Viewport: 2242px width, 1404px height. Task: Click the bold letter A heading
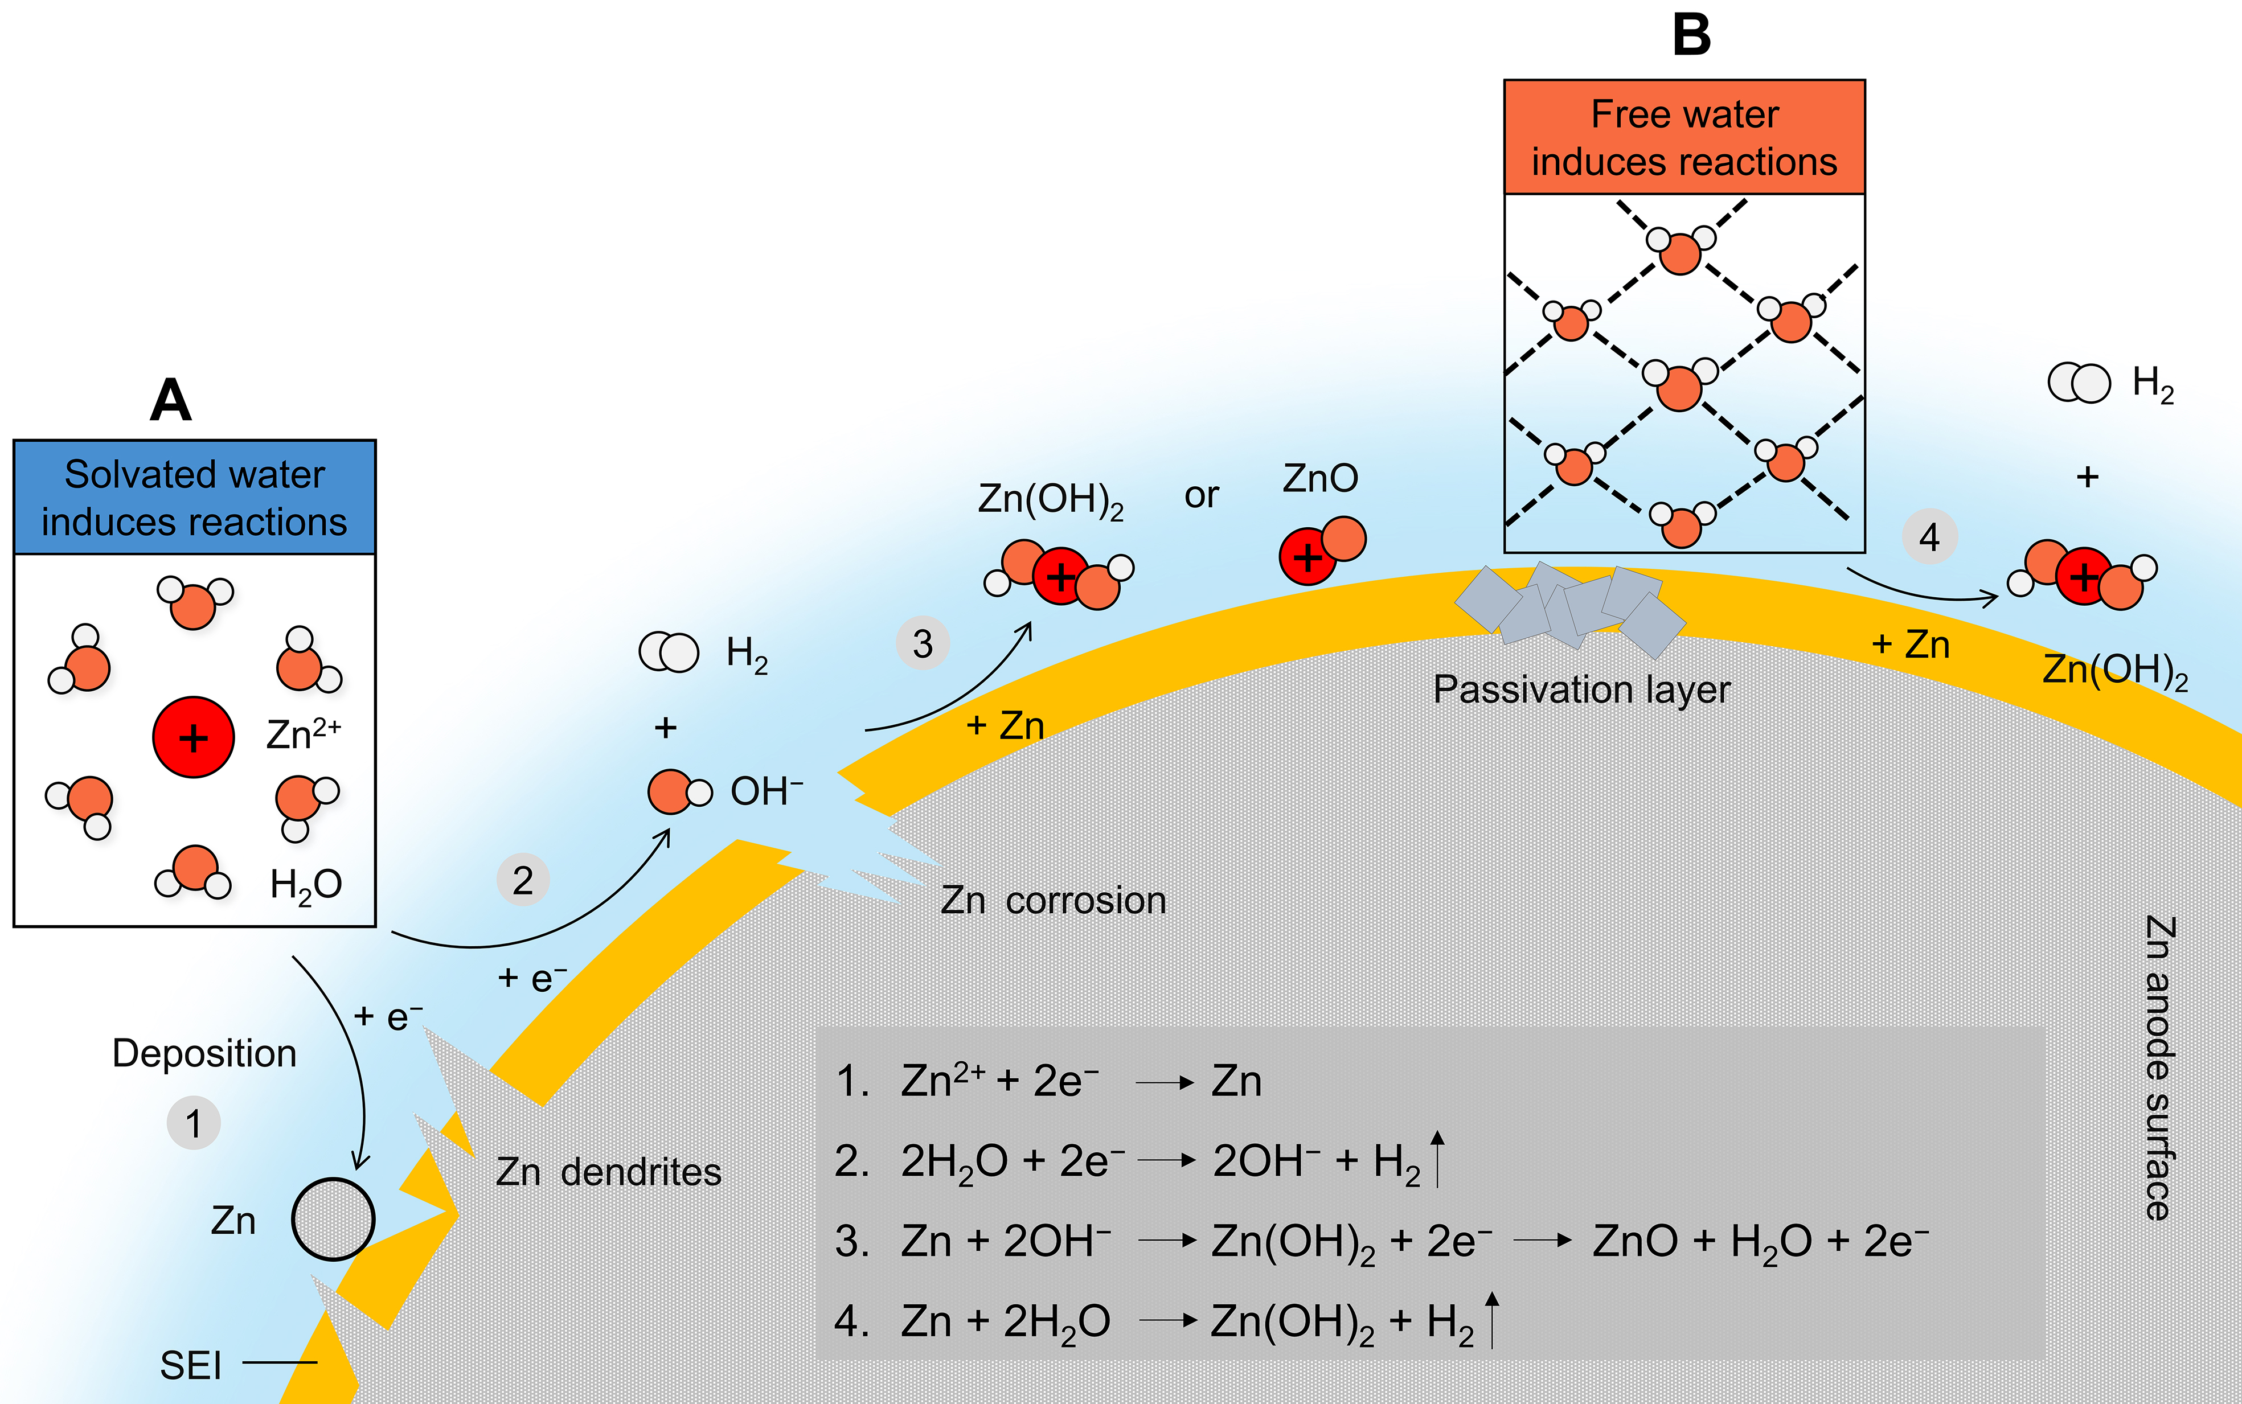click(171, 401)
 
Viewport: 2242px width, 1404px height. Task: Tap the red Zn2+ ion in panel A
click(193, 737)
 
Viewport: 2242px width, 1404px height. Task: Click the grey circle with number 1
click(193, 1123)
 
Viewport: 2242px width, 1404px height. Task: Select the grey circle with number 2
click(523, 880)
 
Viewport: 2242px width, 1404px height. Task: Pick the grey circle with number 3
click(922, 643)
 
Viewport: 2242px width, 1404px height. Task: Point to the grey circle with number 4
click(1929, 537)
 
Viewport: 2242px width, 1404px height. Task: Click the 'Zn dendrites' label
click(608, 1172)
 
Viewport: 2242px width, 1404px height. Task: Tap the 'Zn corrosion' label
click(1053, 901)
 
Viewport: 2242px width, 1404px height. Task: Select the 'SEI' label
click(190, 1366)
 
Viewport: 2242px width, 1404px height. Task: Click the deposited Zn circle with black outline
click(333, 1219)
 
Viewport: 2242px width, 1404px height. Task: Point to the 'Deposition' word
click(204, 1054)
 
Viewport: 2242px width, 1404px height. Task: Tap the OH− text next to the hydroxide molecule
click(766, 792)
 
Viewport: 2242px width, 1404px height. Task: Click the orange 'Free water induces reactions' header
click(1684, 137)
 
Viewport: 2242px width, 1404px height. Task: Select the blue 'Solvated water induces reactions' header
click(194, 498)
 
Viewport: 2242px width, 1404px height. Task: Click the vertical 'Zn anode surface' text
click(2158, 1068)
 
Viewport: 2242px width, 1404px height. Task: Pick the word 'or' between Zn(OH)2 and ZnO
click(1201, 496)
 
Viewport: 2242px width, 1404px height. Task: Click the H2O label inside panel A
click(306, 885)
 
